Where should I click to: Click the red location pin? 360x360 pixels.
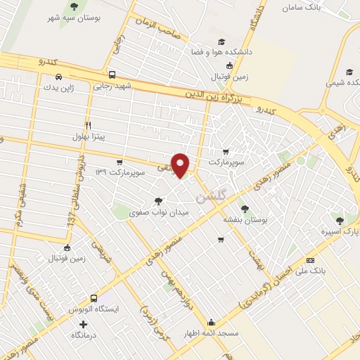coord(181,165)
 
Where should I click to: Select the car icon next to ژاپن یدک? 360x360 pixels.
coord(59,76)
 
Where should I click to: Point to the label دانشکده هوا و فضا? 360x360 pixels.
coord(227,52)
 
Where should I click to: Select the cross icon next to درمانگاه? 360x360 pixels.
coord(84,324)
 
